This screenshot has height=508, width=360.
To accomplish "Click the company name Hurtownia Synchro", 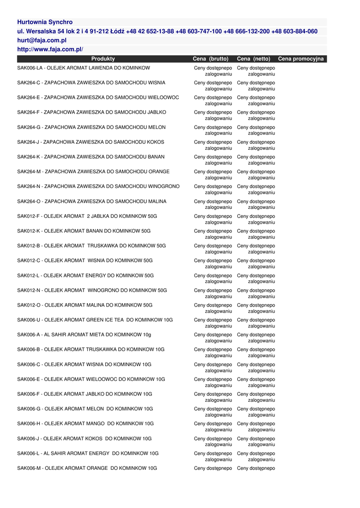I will [x=45, y=22].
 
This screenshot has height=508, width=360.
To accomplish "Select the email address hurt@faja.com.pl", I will [x=42, y=40].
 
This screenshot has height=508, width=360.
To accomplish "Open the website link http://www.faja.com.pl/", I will [x=50, y=49].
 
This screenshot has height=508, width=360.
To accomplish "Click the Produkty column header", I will [x=103, y=59].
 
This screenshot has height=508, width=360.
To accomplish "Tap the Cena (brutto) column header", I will [x=211, y=59].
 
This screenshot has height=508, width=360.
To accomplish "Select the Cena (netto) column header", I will [x=254, y=59].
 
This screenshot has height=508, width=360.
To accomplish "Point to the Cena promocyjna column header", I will [x=300, y=59].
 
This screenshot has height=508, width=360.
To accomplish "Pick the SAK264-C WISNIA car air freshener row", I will [x=91, y=83].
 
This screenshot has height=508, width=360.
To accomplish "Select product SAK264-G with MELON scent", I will [x=91, y=127].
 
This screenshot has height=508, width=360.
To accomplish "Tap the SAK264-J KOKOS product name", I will [x=90, y=142].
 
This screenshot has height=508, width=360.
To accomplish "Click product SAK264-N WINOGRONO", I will [x=98, y=187].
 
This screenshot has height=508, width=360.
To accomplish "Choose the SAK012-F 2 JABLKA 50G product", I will [x=87, y=216].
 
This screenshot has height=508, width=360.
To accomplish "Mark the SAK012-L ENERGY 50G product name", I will [x=85, y=276].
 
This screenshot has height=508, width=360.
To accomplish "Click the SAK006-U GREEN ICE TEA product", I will [x=95, y=320].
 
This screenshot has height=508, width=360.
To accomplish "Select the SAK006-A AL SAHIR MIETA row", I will [x=85, y=335].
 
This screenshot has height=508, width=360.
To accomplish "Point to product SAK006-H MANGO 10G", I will [x=85, y=424].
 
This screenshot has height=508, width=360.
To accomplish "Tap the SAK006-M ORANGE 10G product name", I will [x=87, y=468].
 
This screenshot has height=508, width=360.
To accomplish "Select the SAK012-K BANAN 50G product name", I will [x=84, y=231].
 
